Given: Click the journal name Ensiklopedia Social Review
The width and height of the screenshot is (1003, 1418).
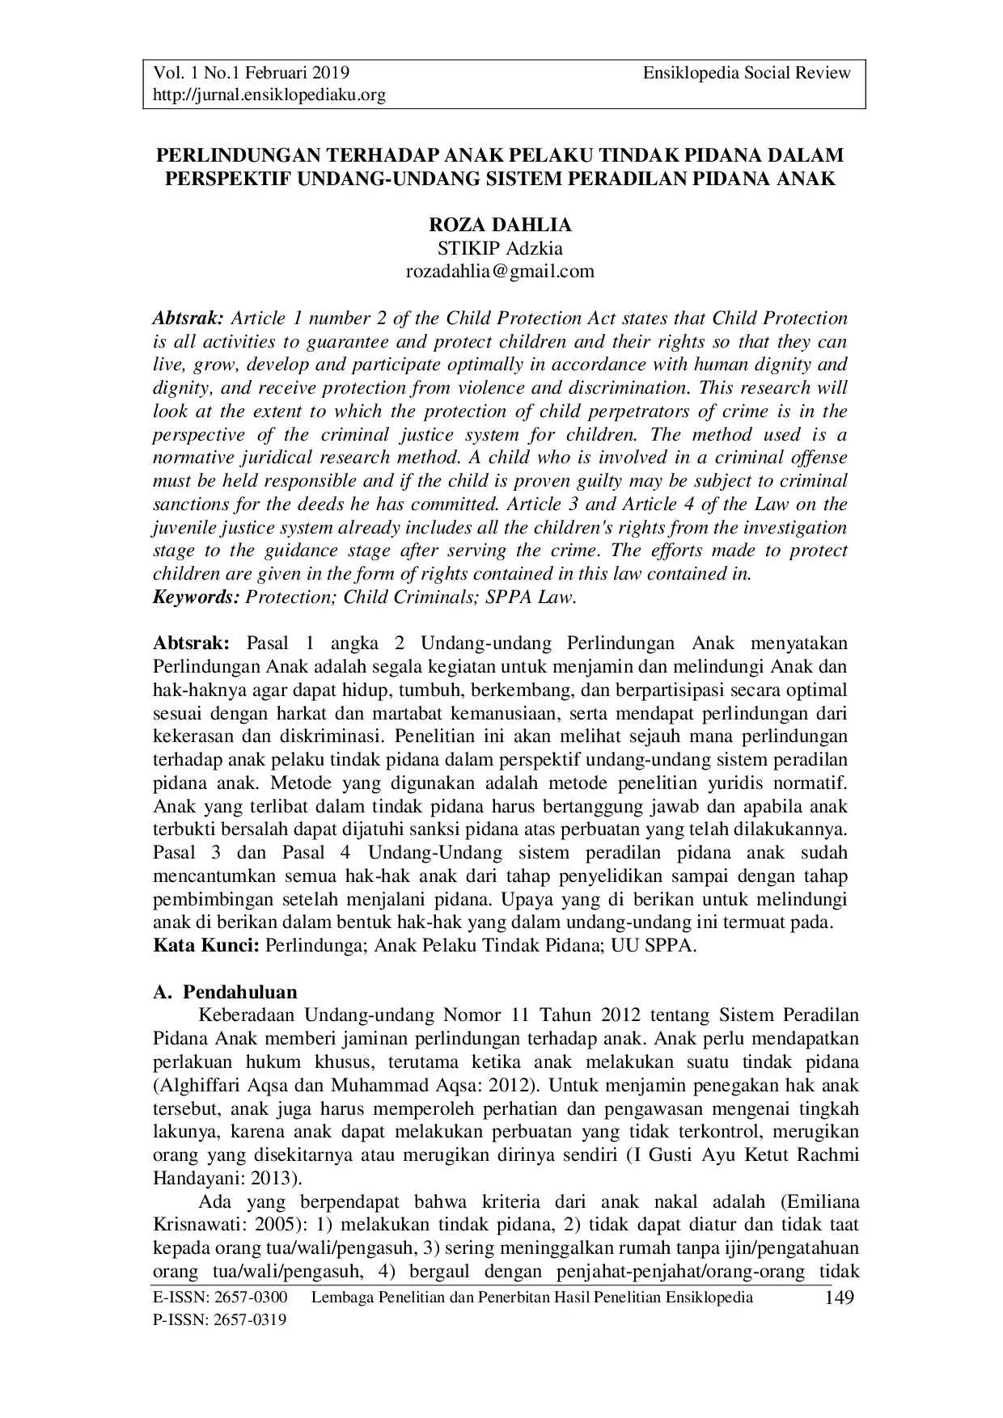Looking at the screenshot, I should click(x=747, y=73).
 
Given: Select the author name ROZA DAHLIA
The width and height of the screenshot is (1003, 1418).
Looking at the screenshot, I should click(x=499, y=226).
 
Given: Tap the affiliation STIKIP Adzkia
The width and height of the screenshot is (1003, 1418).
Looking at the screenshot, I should click(x=499, y=248).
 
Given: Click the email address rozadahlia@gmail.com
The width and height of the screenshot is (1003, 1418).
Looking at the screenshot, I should click(x=499, y=271).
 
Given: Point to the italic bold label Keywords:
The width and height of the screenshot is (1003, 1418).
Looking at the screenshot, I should click(x=197, y=597).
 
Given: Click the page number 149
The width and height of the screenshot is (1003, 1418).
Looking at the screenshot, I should click(x=839, y=1298).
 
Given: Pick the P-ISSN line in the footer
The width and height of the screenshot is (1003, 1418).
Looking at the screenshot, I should click(x=220, y=1320).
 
